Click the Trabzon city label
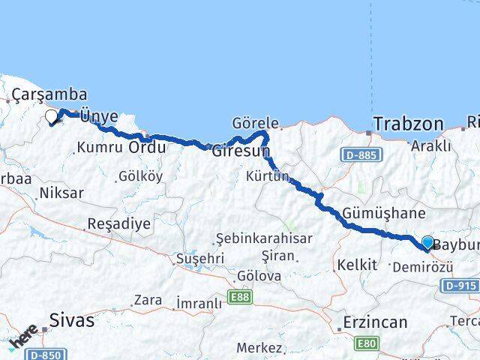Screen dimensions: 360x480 click(408, 123)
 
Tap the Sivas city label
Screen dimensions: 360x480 click(72, 320)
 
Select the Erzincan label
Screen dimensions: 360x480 click(374, 322)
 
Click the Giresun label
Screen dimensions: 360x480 click(241, 150)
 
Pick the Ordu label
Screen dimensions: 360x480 click(147, 147)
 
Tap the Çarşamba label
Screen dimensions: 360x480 click(49, 95)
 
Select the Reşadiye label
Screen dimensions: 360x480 click(119, 223)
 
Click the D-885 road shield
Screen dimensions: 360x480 click(360, 155)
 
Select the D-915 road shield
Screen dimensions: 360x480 click(459, 285)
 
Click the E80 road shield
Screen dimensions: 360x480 click(366, 344)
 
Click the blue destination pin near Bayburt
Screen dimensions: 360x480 click(427, 242)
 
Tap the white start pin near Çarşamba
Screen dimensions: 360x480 click(52, 116)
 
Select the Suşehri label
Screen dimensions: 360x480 click(199, 258)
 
